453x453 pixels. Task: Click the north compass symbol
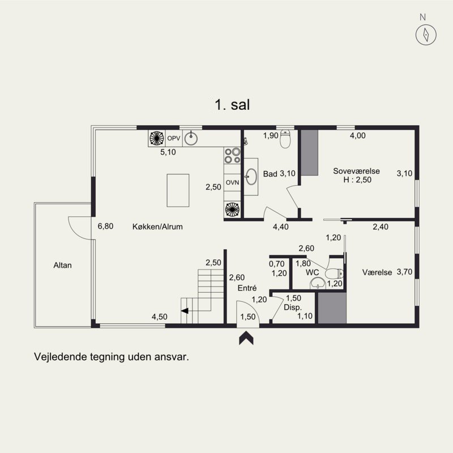pos(426,35)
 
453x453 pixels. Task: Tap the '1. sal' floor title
pos(232,104)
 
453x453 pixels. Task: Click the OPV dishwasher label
pos(174,138)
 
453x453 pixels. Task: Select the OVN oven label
pos(232,182)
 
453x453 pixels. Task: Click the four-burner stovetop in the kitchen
pos(232,155)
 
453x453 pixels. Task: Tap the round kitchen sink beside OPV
pos(191,138)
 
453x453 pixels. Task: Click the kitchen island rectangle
pos(178,190)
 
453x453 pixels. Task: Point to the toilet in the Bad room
pos(285,139)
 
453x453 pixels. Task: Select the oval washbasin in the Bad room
pos(251,177)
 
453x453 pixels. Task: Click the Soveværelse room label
pos(356,171)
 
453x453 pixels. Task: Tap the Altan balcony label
pos(62,265)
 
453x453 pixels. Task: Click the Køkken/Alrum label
pos(157,226)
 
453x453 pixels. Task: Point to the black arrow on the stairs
pos(185,311)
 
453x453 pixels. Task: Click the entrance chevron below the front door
pos(246,338)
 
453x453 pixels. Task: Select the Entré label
pos(247,288)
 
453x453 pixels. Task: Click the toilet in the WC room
pos(334,273)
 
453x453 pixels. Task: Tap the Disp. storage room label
pos(292,307)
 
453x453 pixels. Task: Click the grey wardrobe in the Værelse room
pos(332,307)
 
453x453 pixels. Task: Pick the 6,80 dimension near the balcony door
pos(105,226)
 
